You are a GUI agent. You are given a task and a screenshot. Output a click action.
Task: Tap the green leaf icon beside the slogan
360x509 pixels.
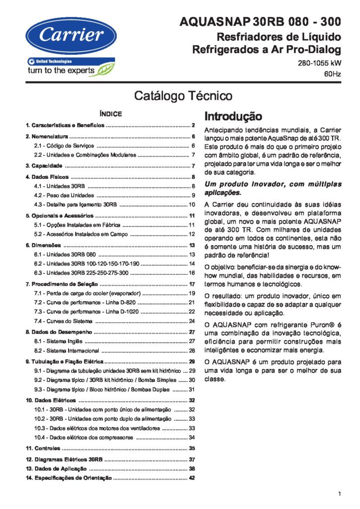click(x=105, y=69)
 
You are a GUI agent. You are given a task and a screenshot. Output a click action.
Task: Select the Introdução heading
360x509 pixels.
click(x=233, y=116)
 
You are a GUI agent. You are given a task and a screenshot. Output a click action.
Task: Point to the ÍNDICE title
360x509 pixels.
click(x=110, y=114)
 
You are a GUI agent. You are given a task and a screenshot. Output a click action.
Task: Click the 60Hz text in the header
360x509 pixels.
click(x=333, y=74)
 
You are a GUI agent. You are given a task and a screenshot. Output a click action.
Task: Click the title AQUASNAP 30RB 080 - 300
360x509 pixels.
click(x=260, y=22)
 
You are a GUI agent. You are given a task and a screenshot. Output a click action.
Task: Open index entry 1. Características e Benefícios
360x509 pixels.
click(x=65, y=125)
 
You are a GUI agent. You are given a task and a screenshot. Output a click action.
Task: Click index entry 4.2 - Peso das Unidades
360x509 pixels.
click(x=64, y=195)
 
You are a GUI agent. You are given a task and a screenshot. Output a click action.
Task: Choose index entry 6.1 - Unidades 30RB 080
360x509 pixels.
click(x=65, y=254)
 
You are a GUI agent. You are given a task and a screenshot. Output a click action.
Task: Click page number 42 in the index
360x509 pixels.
click(x=192, y=478)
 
